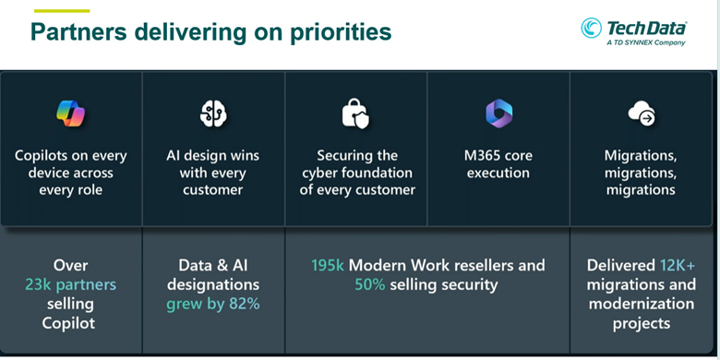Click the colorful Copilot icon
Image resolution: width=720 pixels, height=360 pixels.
point(71,113)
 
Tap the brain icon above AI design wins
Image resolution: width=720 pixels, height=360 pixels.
point(213,114)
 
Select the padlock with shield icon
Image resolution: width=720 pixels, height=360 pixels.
point(355,114)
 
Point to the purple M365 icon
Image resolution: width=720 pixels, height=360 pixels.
point(498,113)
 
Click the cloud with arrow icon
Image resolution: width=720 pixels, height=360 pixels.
point(642,113)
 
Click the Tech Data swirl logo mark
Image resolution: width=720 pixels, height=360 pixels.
point(591,28)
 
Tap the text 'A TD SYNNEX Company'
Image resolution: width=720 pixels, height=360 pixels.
point(645,42)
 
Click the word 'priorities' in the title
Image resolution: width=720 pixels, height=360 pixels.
point(342,31)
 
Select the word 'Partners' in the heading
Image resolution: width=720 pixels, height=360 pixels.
point(78,31)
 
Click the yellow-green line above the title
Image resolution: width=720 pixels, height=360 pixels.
point(62,10)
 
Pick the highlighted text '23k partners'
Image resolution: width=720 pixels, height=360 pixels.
point(71,284)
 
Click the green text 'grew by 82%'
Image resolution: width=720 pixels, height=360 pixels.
point(213,304)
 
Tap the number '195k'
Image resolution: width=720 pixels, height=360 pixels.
point(328,265)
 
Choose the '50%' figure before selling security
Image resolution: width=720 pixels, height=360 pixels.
point(369,284)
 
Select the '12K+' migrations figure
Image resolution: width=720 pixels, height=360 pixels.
point(678,265)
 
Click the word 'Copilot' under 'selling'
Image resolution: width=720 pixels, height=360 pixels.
point(69,323)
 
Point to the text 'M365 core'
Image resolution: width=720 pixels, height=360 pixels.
point(498,155)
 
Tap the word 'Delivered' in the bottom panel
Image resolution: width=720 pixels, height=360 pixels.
point(621,265)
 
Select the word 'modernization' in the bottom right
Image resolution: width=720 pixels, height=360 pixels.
point(642,304)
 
